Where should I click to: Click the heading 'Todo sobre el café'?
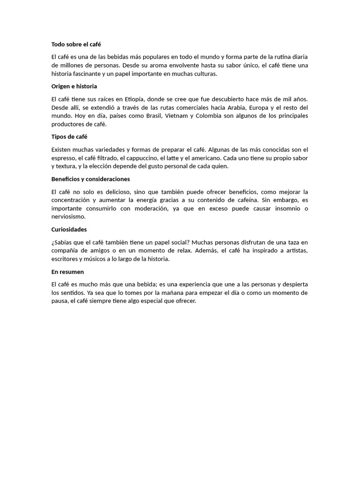(x=79, y=45)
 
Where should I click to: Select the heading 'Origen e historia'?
(x=74, y=86)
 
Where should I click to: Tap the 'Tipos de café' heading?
(x=69, y=137)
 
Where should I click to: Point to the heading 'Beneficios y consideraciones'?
(x=90, y=179)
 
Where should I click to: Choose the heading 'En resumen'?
(x=67, y=272)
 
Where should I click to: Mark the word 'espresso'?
(x=63, y=158)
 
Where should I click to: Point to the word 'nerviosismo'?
(x=68, y=217)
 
